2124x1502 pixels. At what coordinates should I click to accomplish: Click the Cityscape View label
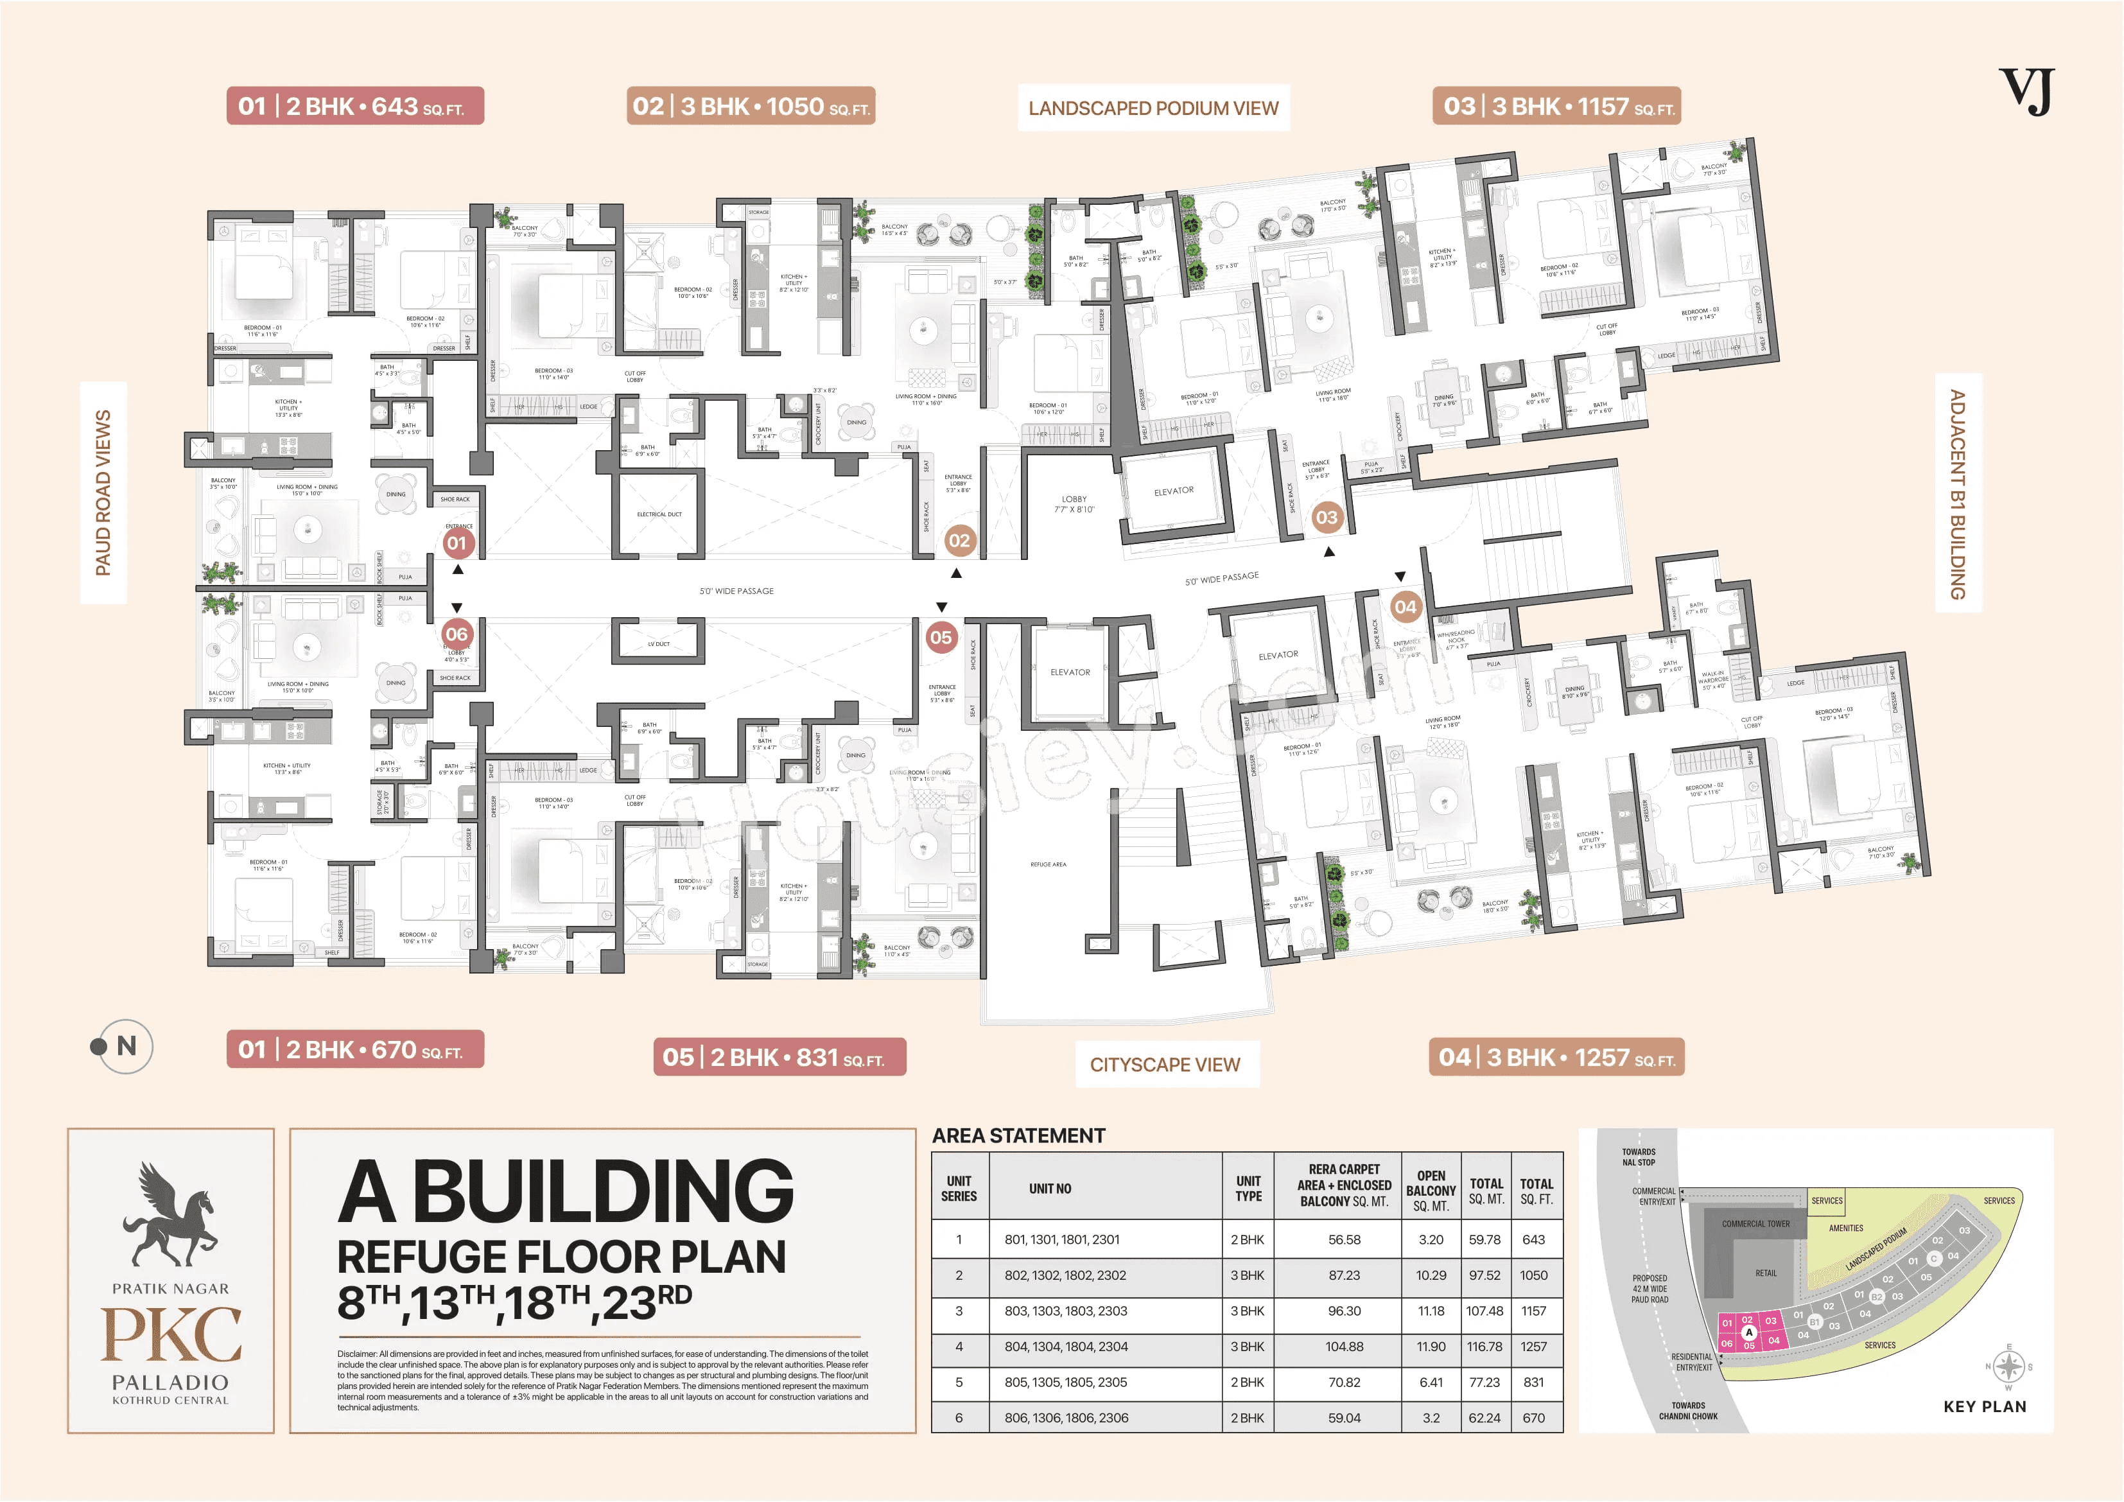[1165, 1064]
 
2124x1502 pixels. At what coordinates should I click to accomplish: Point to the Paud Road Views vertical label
[103, 493]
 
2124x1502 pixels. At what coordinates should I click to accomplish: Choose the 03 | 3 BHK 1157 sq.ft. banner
[1556, 107]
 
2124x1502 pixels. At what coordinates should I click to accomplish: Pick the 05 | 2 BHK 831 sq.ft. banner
[779, 1057]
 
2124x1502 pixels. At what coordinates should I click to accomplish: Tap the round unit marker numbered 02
[959, 541]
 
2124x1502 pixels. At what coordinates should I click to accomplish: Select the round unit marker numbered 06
[456, 634]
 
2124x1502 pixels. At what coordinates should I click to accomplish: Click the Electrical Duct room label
[659, 514]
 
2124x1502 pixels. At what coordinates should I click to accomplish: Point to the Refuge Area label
[1048, 864]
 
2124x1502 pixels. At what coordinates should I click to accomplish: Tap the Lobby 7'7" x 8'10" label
[1074, 504]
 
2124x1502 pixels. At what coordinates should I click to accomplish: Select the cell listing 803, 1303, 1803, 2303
[1066, 1311]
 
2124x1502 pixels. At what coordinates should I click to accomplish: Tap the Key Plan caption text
[1984, 1407]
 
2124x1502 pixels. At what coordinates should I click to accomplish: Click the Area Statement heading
[1018, 1135]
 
